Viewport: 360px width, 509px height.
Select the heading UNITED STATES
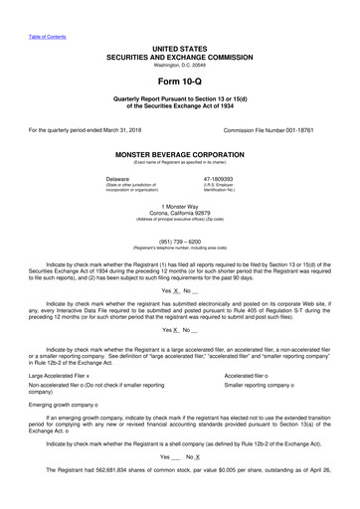pos(179,48)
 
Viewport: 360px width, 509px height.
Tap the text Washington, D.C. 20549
pos(179,66)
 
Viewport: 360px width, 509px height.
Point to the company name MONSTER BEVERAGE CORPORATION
pos(179,156)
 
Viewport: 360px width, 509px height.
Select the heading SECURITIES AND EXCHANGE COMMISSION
pos(179,57)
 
